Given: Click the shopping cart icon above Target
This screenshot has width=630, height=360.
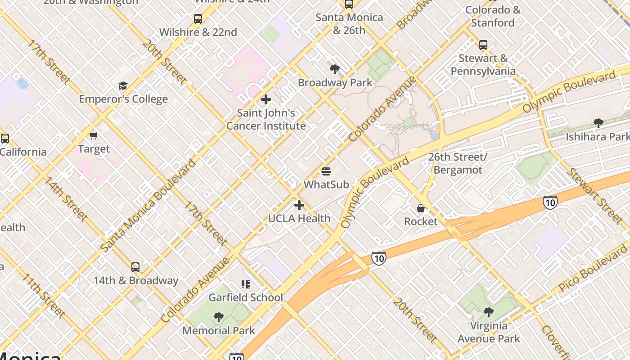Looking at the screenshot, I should (94, 135).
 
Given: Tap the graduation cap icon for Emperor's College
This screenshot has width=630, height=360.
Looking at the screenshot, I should (123, 86).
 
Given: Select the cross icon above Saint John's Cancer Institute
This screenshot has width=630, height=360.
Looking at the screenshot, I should (266, 99).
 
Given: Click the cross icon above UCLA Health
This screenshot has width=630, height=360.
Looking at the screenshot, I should (299, 206).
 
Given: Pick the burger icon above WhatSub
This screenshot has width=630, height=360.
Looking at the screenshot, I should (326, 171).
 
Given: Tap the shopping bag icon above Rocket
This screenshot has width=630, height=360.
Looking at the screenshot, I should (420, 208).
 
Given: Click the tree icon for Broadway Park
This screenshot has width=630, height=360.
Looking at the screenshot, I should (334, 69).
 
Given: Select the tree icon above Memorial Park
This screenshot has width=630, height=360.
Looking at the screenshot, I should (219, 317).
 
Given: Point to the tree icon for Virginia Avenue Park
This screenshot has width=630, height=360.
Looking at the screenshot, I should (488, 312).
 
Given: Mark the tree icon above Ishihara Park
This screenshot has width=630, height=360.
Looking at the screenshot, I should (598, 123).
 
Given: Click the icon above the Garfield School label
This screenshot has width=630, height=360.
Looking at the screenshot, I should (245, 284).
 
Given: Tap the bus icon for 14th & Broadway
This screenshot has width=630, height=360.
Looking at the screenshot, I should (135, 267).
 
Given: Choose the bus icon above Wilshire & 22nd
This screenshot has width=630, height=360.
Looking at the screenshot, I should (198, 19).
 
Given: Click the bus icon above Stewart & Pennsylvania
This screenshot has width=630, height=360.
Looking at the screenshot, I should (483, 45).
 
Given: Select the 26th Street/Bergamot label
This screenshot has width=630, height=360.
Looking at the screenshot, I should (458, 163).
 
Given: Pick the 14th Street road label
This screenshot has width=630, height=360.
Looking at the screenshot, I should (65, 198).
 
